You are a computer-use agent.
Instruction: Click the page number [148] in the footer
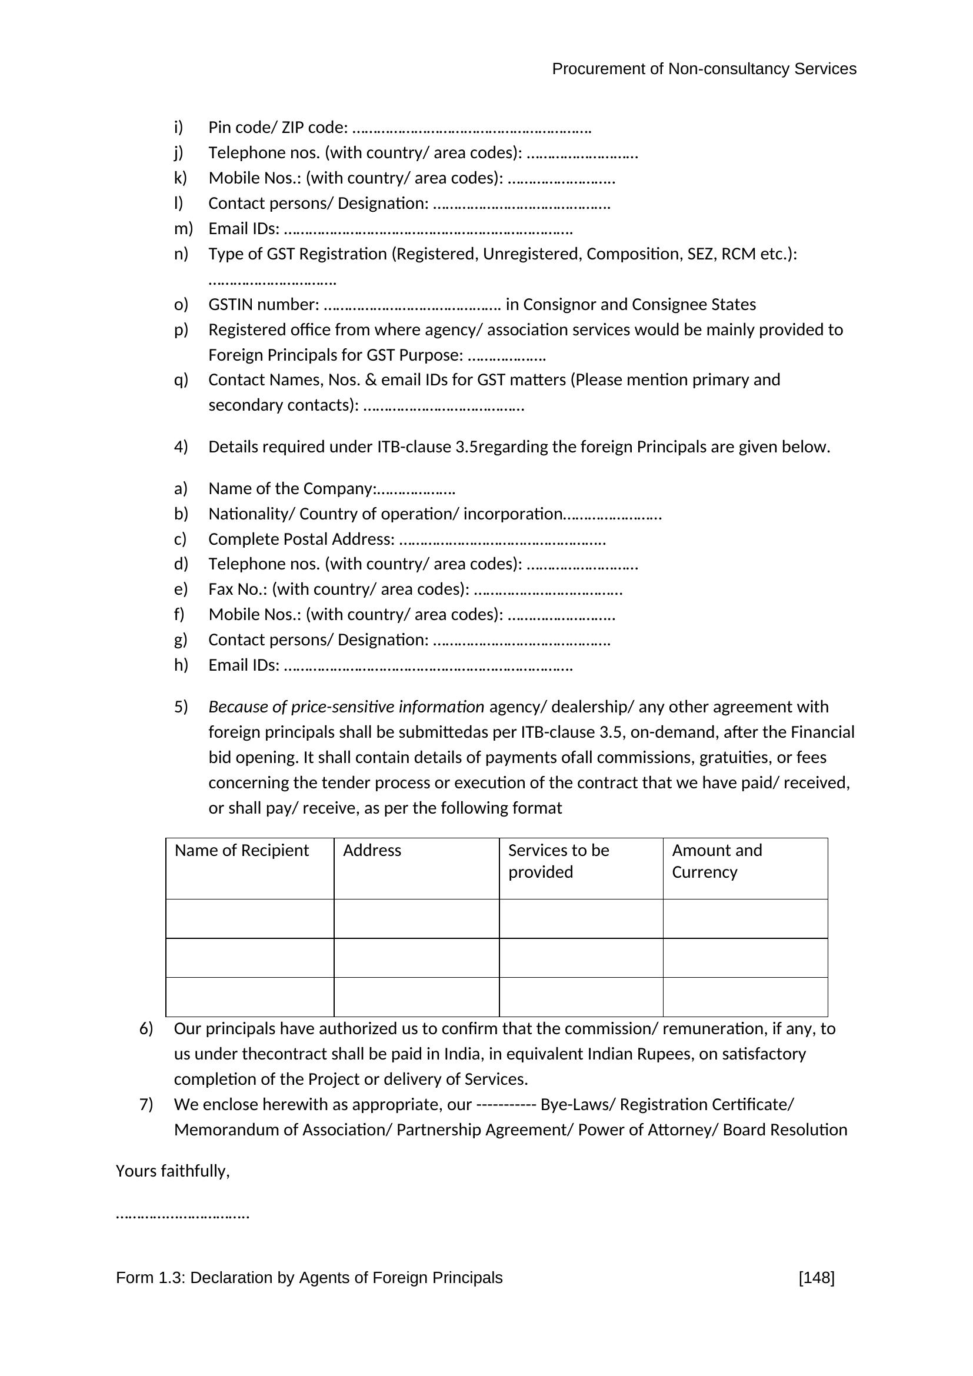[x=816, y=1278]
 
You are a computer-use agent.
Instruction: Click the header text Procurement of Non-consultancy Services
[x=704, y=69]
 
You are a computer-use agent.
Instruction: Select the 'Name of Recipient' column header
[x=241, y=851]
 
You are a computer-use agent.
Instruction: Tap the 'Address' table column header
[x=372, y=851]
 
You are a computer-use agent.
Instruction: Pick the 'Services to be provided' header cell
[x=558, y=861]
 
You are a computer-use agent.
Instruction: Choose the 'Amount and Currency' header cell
[x=717, y=861]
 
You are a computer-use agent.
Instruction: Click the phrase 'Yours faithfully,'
[x=172, y=1171]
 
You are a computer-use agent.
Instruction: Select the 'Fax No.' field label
[x=238, y=589]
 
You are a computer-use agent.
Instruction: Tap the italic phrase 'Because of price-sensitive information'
[x=346, y=707]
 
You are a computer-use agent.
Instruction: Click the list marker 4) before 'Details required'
[x=181, y=447]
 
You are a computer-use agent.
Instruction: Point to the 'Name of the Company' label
[x=291, y=489]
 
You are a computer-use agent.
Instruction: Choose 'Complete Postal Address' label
[x=301, y=539]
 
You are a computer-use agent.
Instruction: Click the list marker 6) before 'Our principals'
[x=146, y=1029]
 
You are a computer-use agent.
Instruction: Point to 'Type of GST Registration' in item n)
[x=297, y=254]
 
